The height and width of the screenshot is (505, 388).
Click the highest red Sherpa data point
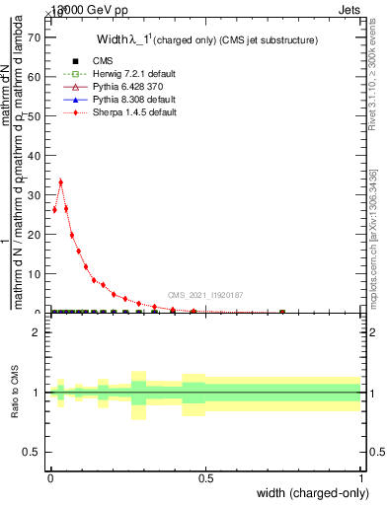coord(60,181)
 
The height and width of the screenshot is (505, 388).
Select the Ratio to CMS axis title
coord(15,393)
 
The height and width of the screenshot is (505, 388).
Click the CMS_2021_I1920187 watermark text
coord(205,295)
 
